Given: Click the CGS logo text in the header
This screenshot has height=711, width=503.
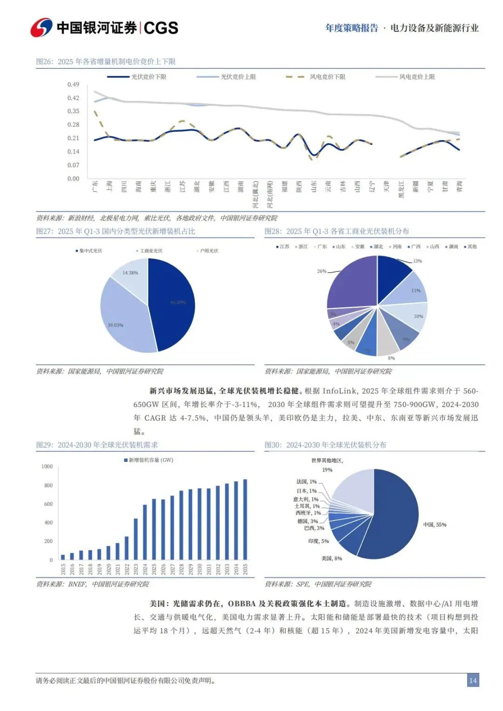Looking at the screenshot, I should (161, 28).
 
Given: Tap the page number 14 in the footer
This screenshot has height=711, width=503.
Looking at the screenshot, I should (473, 680).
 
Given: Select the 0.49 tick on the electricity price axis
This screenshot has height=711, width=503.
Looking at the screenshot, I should (73, 84).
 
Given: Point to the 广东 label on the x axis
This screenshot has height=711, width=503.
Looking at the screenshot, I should (95, 187).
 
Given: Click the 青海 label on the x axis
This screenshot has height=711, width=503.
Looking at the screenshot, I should (459, 187).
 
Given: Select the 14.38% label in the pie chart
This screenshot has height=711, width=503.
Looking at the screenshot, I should (130, 273).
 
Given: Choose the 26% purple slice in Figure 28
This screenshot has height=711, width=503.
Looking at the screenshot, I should (352, 282).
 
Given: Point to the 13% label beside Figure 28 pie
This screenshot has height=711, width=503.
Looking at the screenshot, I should (417, 261).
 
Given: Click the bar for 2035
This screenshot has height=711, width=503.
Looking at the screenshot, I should (245, 519).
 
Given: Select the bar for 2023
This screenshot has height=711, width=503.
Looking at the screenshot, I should (136, 539).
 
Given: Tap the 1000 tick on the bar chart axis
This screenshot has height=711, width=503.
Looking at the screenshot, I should (47, 466).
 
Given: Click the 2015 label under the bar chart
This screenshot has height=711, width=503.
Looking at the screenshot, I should (63, 569).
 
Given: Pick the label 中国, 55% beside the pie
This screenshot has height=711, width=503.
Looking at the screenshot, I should (435, 524).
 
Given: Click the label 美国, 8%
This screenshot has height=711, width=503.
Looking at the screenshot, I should (332, 558).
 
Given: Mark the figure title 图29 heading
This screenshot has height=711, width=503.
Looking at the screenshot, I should (97, 445).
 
